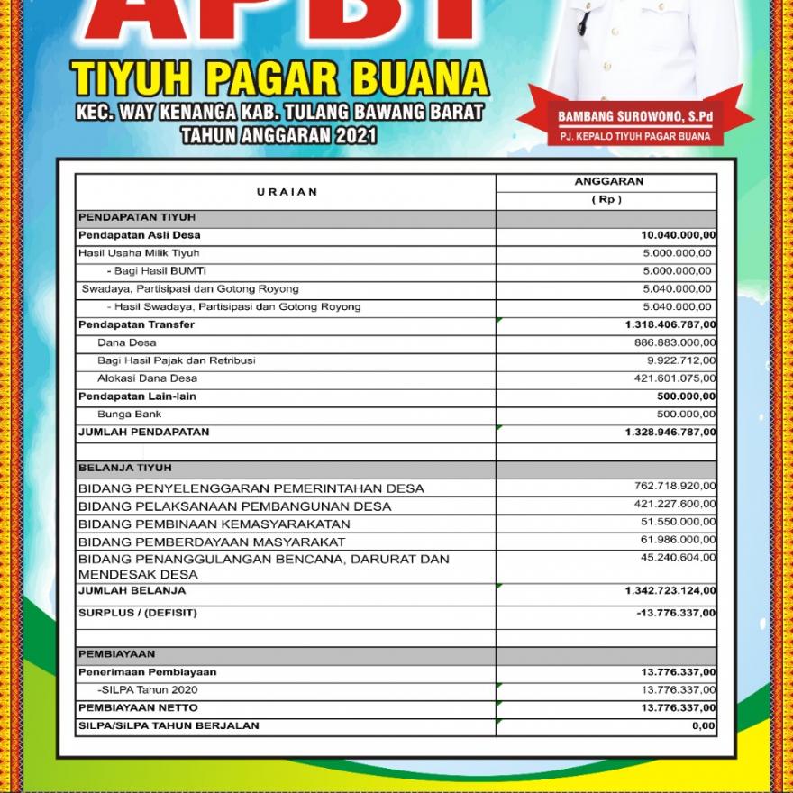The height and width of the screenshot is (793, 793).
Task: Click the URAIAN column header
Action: point(287,192)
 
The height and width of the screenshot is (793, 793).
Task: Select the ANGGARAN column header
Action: point(608,181)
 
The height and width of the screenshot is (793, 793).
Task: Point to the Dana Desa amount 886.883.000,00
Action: point(675,342)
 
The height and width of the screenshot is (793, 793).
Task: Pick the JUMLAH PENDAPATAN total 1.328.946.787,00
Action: point(670,433)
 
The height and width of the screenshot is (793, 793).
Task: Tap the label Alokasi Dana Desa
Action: point(147,378)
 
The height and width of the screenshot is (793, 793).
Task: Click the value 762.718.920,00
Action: point(675,487)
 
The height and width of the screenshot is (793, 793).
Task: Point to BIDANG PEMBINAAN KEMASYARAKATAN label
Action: point(214,524)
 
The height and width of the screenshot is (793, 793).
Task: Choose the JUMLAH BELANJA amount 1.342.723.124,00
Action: point(670,591)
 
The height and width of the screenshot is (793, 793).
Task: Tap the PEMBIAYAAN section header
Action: point(117,654)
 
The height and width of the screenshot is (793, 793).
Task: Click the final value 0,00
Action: point(704,725)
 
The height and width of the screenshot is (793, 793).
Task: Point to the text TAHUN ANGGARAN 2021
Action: point(279,136)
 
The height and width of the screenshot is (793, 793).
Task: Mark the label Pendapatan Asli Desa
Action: point(140,235)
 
